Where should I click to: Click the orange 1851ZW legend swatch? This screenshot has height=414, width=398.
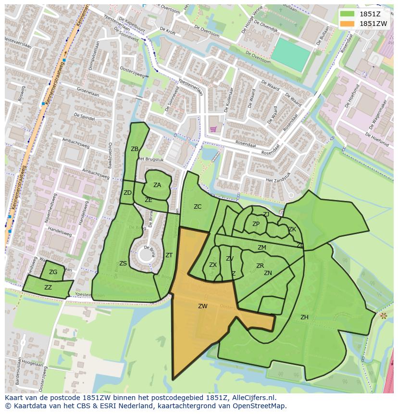(x=347, y=24)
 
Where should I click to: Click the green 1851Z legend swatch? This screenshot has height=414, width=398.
(x=347, y=14)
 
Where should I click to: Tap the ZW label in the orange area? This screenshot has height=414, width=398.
(x=202, y=306)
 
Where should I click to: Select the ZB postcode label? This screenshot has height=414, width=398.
(x=135, y=149)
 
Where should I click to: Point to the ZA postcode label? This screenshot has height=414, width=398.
(x=157, y=185)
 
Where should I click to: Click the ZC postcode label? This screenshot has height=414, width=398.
(x=198, y=207)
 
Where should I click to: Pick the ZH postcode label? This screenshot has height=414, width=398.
(x=304, y=317)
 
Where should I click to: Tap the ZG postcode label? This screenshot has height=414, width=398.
(x=53, y=272)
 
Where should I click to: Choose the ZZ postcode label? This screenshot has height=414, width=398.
(x=48, y=288)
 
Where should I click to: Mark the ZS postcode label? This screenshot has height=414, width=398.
(x=123, y=263)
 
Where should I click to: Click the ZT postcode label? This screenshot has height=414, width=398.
(x=169, y=255)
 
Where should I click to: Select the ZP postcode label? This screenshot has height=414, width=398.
(x=256, y=224)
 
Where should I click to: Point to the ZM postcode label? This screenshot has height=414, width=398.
(x=261, y=248)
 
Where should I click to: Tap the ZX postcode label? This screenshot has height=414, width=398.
(x=213, y=265)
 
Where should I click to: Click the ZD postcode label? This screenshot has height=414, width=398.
(x=127, y=193)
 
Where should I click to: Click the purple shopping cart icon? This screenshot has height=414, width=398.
(x=213, y=129)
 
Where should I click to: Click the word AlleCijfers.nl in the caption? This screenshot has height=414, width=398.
(x=252, y=398)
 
